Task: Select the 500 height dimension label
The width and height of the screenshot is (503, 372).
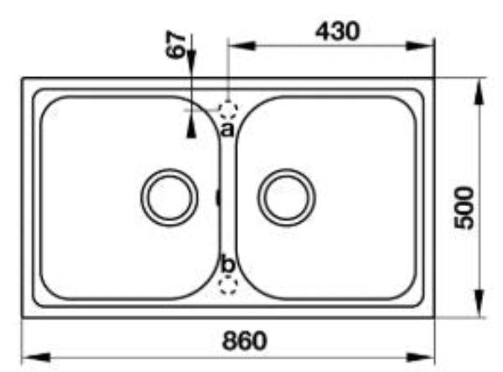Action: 462,208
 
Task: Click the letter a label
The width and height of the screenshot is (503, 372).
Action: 226,128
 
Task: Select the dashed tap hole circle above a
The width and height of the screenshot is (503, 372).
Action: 227,109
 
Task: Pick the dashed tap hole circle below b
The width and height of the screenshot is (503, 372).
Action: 227,285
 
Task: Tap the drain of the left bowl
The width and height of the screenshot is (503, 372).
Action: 169,198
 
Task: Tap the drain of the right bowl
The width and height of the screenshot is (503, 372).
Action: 288,198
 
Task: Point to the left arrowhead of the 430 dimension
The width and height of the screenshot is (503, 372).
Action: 239,47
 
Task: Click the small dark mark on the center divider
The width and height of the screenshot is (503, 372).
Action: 218,198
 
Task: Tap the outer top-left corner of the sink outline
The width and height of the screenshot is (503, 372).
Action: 22,80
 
